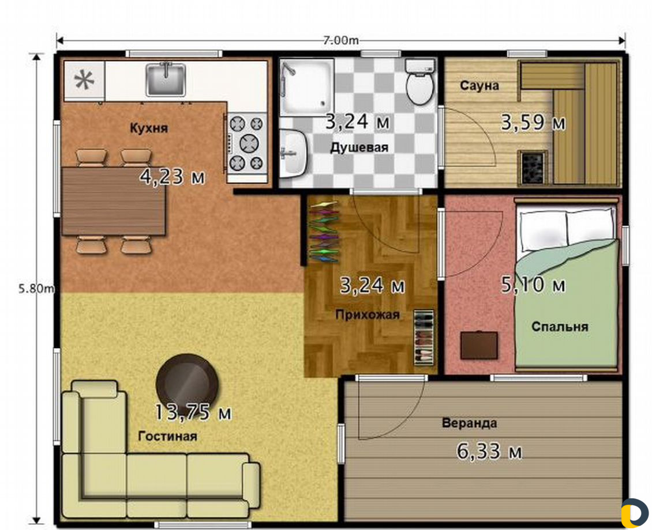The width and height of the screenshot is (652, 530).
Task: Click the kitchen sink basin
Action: pyautogui.click(x=166, y=79)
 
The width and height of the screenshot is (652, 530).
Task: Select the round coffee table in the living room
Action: pyautogui.click(x=188, y=383)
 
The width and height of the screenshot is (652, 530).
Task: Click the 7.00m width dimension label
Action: pyautogui.click(x=340, y=40)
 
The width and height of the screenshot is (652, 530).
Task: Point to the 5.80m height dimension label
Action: pyautogui.click(x=36, y=288)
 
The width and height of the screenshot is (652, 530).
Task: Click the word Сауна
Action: pyautogui.click(x=479, y=85)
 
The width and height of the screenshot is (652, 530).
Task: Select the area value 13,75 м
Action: pyautogui.click(x=193, y=412)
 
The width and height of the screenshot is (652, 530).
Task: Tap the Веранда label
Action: pyautogui.click(x=469, y=423)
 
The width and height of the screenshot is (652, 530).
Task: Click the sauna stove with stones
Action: pyautogui.click(x=533, y=167)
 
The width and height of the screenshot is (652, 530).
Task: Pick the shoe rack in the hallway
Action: pyautogui.click(x=424, y=338)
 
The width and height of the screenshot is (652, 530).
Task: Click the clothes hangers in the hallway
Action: pyautogui.click(x=324, y=232)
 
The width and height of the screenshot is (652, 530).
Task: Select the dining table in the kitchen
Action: pyautogui.click(x=114, y=201)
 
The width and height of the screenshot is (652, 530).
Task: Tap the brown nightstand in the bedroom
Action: pyautogui.click(x=479, y=345)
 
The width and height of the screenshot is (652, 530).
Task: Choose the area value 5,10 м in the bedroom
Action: pyautogui.click(x=533, y=285)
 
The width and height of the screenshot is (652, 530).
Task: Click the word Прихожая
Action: pyautogui.click(x=368, y=315)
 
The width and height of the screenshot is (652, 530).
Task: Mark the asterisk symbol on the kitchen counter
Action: pyautogui.click(x=84, y=81)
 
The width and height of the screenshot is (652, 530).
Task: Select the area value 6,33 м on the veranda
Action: pyautogui.click(x=489, y=451)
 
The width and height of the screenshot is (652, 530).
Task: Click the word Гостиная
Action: pyautogui.click(x=167, y=436)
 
